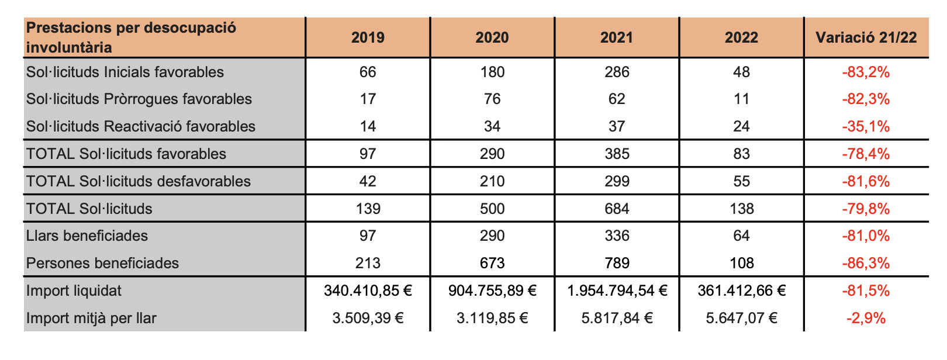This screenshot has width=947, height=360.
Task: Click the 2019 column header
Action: click(x=368, y=38)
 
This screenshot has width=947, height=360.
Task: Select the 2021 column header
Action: click(x=617, y=38)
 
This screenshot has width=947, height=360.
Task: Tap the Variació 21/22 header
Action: click(x=866, y=38)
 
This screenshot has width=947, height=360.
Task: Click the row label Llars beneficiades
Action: click(x=87, y=236)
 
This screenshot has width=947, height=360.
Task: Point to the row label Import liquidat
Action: click(x=74, y=291)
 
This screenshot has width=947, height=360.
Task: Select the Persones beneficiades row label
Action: click(x=102, y=264)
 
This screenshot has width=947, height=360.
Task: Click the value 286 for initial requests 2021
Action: click(x=617, y=72)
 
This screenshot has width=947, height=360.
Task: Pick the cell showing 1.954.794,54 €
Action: click(x=617, y=291)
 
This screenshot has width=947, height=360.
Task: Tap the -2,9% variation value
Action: click(x=866, y=319)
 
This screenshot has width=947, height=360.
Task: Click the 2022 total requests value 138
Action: click(x=741, y=209)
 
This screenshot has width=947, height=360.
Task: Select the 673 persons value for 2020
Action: click(x=492, y=264)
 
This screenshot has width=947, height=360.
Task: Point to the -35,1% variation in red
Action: click(x=866, y=127)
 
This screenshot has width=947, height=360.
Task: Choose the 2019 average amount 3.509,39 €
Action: click(x=368, y=319)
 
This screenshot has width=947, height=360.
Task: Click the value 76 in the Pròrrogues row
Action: click(x=492, y=99)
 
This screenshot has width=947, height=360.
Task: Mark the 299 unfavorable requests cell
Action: click(x=617, y=182)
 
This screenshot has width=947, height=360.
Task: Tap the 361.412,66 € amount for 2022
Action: click(x=741, y=291)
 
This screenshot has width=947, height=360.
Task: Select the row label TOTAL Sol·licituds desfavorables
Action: click(x=139, y=182)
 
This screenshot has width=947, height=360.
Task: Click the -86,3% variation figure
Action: click(x=866, y=264)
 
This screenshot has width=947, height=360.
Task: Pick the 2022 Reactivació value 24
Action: click(x=741, y=127)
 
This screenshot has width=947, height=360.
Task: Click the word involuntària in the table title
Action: click(x=69, y=48)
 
